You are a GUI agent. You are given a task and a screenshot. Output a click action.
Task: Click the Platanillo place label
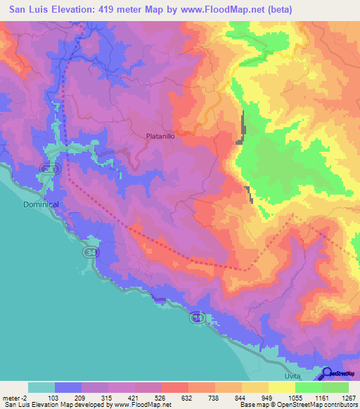click(x=160, y=138)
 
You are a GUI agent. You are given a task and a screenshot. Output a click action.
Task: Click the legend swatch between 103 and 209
click(x=68, y=387)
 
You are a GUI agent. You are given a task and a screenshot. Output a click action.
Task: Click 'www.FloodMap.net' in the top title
click(x=219, y=9)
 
